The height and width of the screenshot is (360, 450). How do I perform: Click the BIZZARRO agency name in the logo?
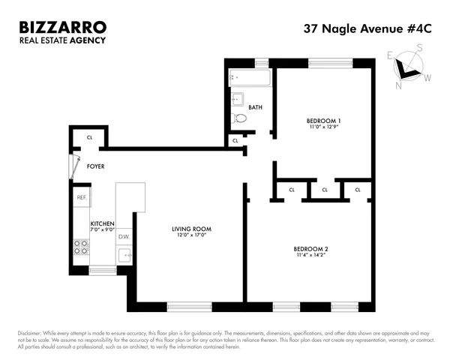click(x=63, y=27)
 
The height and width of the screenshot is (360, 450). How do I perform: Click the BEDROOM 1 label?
click(x=323, y=121)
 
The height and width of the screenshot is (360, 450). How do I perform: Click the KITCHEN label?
click(x=102, y=223)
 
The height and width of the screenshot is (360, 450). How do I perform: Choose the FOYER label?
click(x=96, y=166)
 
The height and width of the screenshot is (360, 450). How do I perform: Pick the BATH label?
click(x=255, y=107)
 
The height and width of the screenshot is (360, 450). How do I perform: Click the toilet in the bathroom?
click(x=239, y=118)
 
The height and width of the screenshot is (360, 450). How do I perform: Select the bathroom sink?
click(x=237, y=99)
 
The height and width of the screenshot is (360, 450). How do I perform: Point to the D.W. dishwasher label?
click(x=124, y=238)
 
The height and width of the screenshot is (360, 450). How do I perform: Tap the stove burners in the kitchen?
click(x=81, y=248)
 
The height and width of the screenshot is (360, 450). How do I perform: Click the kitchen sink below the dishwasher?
click(x=126, y=255)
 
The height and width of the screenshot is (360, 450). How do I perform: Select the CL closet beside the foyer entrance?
click(x=90, y=137)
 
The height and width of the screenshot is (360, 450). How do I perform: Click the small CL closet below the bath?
click(x=235, y=140)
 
